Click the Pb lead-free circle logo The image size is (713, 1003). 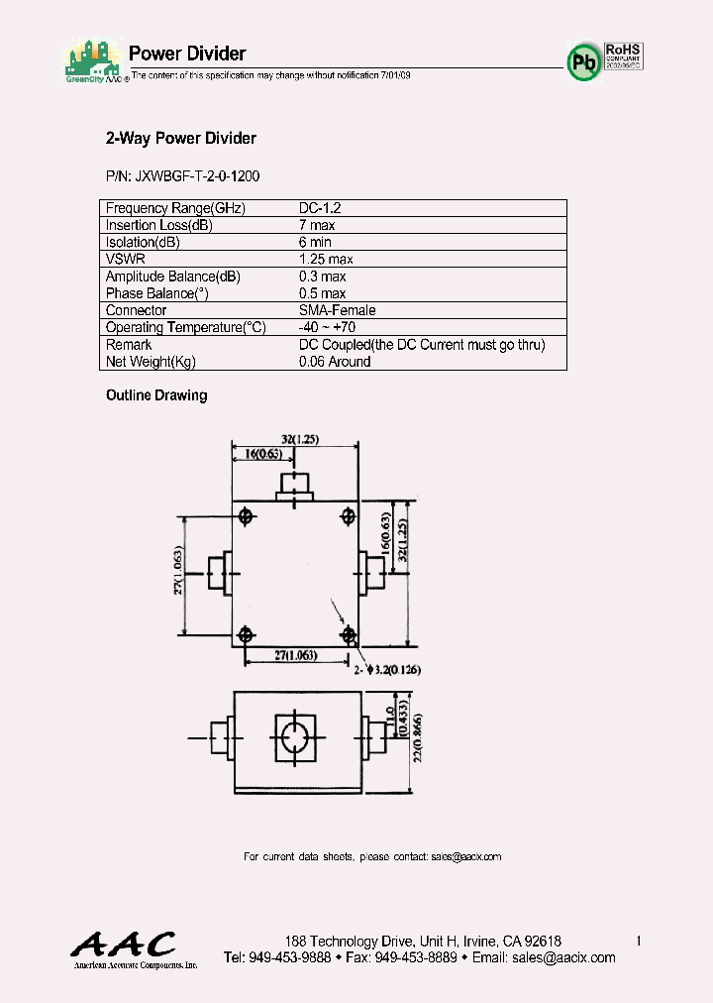click(584, 61)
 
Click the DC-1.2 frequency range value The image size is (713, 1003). click(320, 208)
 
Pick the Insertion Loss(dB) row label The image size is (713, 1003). click(159, 225)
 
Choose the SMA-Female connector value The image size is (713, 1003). click(337, 310)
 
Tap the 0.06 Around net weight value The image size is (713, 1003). click(335, 362)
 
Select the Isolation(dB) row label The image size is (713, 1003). click(143, 242)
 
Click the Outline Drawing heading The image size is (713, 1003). click(156, 395)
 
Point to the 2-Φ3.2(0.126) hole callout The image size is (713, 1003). click(388, 670)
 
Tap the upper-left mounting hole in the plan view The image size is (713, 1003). click(246, 514)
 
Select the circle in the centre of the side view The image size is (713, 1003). click(295, 738)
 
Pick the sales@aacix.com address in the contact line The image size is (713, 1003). click(466, 856)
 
